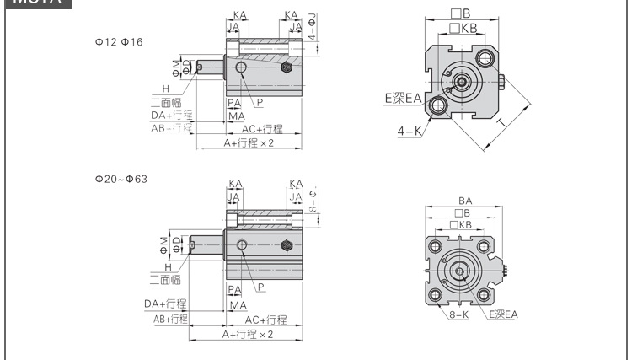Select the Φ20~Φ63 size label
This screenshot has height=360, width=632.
tap(121, 179)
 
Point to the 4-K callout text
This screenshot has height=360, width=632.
tap(410, 132)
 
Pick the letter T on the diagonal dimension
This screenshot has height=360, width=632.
tap(502, 124)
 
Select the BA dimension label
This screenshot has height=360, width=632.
tap(464, 201)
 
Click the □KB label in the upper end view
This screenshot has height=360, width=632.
tap(463, 28)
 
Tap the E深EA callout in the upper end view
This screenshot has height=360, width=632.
tap(403, 99)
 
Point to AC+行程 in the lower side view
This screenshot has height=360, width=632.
tap(265, 320)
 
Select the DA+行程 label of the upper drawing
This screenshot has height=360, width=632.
tap(171, 115)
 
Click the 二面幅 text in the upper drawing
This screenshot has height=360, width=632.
tap(166, 101)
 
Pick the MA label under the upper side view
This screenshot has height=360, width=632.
tap(236, 116)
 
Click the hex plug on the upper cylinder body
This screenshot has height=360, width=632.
tap(287, 67)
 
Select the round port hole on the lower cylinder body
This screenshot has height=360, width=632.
tap(243, 245)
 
